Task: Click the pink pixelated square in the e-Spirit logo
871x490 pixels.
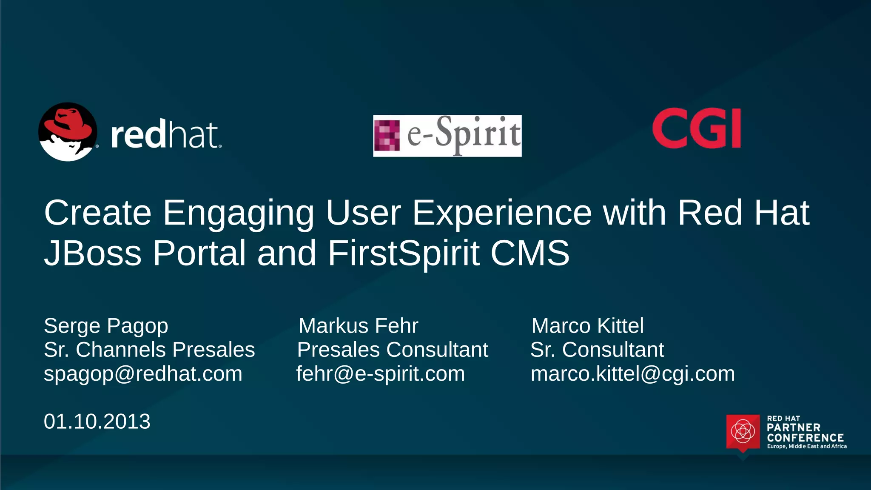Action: (x=387, y=136)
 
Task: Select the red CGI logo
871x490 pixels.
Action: (x=697, y=128)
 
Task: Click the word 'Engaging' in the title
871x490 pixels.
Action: (x=239, y=213)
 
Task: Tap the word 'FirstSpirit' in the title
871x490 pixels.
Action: (x=404, y=253)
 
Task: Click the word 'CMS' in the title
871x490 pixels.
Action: (x=529, y=253)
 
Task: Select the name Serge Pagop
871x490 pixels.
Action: (x=106, y=326)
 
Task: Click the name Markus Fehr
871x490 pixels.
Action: (x=359, y=326)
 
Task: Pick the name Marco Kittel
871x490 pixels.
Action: (x=587, y=326)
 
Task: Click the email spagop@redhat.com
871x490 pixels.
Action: (x=143, y=374)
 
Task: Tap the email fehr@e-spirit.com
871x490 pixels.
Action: (x=380, y=374)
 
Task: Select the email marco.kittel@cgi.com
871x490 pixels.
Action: (x=632, y=374)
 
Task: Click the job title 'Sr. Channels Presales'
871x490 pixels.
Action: (x=149, y=350)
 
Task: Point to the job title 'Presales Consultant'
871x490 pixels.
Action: (x=392, y=350)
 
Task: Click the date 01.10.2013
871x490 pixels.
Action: (x=97, y=422)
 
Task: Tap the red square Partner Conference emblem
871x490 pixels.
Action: (x=743, y=432)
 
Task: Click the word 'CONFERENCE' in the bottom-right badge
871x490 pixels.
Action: (x=805, y=438)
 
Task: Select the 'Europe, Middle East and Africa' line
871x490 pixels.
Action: (x=806, y=446)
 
